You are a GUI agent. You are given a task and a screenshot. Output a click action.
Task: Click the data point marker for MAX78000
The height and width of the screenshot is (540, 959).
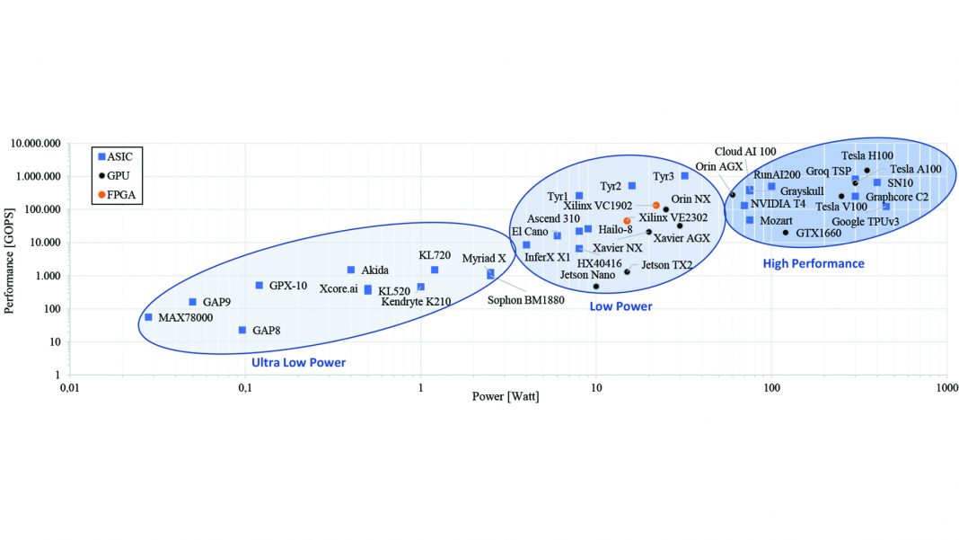click(x=148, y=317)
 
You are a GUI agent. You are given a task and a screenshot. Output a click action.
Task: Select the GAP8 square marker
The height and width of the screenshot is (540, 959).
click(x=242, y=330)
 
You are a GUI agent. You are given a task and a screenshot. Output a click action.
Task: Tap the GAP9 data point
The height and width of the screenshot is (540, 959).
click(x=192, y=302)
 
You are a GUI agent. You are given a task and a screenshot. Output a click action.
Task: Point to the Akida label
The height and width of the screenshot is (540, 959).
click(x=375, y=270)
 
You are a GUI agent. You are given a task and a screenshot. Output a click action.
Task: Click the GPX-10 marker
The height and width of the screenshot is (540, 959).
click(x=260, y=286)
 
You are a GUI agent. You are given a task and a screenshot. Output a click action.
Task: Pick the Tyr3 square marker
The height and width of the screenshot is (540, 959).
click(x=684, y=176)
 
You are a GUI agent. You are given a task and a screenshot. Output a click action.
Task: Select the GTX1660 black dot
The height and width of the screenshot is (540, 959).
click(x=786, y=233)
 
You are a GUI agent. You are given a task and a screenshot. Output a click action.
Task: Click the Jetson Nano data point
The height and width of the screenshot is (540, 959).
click(x=595, y=287)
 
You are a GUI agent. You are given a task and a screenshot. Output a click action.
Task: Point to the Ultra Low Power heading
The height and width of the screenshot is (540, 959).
click(x=298, y=362)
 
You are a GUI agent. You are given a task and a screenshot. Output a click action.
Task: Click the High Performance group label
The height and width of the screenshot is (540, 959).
click(x=814, y=263)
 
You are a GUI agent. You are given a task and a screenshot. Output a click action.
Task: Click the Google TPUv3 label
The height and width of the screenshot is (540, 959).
click(x=865, y=222)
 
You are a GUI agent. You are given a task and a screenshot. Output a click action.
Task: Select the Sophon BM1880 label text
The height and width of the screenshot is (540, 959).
click(x=525, y=300)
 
